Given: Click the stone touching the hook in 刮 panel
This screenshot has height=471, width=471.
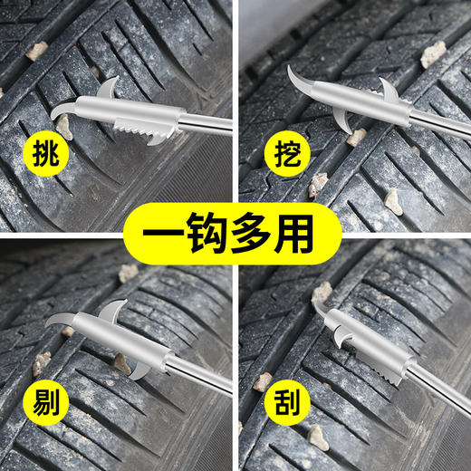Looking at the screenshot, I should [x=322, y=292].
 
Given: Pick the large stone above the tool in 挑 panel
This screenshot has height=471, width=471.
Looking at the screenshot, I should [x=36, y=51].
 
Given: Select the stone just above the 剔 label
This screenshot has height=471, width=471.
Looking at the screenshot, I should [x=41, y=362].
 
